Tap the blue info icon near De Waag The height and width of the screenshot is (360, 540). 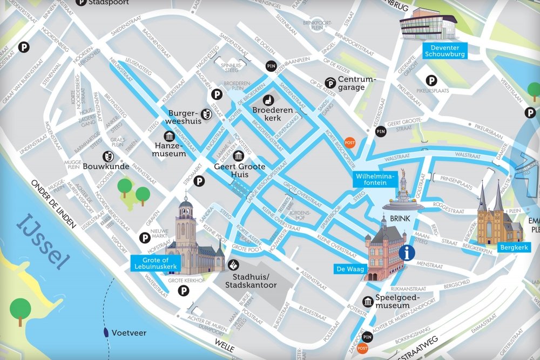click(x=406, y=252)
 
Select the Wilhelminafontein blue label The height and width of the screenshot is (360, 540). click(x=375, y=179)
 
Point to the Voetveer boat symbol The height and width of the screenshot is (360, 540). click(x=105, y=333)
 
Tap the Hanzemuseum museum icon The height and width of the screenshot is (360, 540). click(x=153, y=135)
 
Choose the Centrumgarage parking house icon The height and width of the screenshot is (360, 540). click(x=330, y=83)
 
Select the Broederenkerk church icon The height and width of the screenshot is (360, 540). click(x=268, y=100)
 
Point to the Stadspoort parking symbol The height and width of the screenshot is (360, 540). click(x=81, y=2)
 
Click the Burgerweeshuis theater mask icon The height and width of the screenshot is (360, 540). click(x=206, y=114)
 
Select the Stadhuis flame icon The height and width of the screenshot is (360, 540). click(x=233, y=265)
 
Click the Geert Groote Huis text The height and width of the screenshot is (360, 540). click(x=240, y=171)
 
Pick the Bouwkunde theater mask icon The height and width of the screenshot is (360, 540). click(x=108, y=157)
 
